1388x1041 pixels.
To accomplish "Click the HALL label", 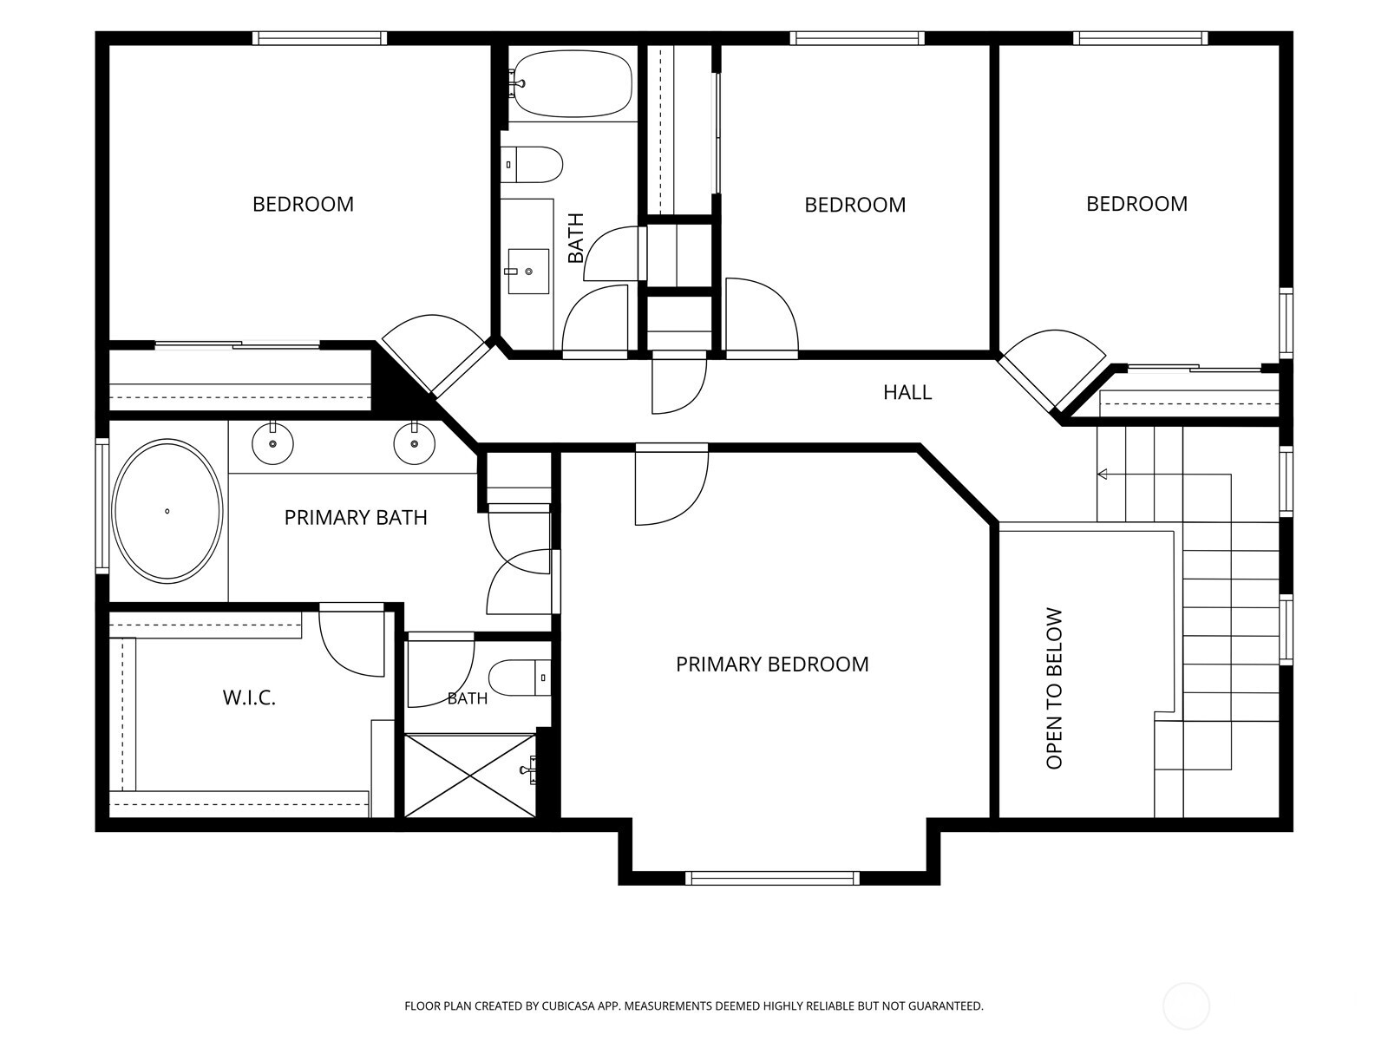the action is [x=907, y=392].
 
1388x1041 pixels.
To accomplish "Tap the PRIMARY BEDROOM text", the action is [x=772, y=665].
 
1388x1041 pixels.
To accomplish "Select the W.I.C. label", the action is [x=249, y=697].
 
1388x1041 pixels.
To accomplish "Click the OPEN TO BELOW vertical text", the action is [x=1054, y=689].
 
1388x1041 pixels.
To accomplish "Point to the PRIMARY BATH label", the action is [x=356, y=518].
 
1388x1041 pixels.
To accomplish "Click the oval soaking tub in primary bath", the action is [x=167, y=510].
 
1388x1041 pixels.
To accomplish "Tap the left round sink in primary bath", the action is [x=272, y=443].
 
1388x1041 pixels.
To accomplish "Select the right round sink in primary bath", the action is [x=414, y=443].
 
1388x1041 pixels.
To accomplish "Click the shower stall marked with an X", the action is [x=470, y=775].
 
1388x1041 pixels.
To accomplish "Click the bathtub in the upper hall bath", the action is [x=571, y=83].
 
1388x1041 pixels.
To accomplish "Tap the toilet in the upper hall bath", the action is [x=532, y=165].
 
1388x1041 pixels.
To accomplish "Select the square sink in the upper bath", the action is [x=528, y=272].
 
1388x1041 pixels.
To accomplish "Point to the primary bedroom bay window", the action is [x=772, y=878].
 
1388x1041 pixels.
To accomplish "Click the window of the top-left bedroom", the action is [x=319, y=38].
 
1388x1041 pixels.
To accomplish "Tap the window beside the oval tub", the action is [x=101, y=506].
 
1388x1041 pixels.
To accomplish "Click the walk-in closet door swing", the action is [x=351, y=640].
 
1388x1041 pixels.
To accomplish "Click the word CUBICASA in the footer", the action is [x=568, y=1005].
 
